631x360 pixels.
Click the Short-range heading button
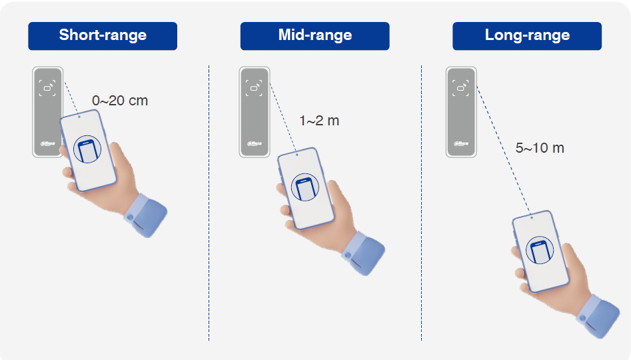coord(103,36)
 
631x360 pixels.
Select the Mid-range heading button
coord(315,36)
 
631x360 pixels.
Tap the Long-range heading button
coord(527,36)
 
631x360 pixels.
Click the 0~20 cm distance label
coord(120,100)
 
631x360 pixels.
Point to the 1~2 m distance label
coord(319,121)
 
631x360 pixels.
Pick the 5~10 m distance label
coord(540,148)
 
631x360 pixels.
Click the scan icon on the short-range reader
coord(47,88)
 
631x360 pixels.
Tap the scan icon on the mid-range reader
coord(255,88)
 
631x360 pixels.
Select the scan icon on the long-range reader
coord(461,88)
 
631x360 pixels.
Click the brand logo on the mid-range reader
coord(255,143)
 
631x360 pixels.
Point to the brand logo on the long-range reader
coord(461,143)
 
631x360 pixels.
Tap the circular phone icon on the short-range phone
coord(87,149)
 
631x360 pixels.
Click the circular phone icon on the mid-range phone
coord(305,187)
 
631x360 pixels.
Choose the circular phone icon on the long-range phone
coord(540,250)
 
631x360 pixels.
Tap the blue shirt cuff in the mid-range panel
coord(363,253)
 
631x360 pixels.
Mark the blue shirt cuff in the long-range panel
coord(598,316)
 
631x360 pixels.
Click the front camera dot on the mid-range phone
coord(297,155)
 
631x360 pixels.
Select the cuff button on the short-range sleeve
coord(130,217)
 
